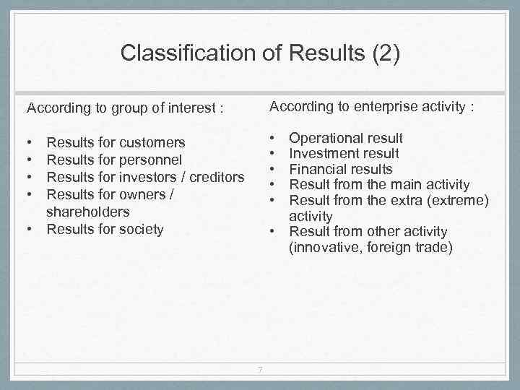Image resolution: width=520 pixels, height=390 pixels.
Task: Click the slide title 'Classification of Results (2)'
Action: tap(259, 53)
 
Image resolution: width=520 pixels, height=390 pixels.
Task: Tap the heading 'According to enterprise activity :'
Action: tap(372, 107)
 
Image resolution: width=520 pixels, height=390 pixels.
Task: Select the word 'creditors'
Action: tap(217, 178)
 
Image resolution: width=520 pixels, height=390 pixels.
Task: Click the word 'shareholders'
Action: tap(87, 212)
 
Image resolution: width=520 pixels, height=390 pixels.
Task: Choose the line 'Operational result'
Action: tap(346, 138)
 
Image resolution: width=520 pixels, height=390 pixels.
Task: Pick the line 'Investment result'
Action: tap(344, 153)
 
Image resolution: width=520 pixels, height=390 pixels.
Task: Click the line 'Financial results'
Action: tap(340, 169)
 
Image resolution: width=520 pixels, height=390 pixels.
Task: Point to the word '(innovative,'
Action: tap(326, 248)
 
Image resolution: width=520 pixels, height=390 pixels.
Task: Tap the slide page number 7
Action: tap(260, 371)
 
